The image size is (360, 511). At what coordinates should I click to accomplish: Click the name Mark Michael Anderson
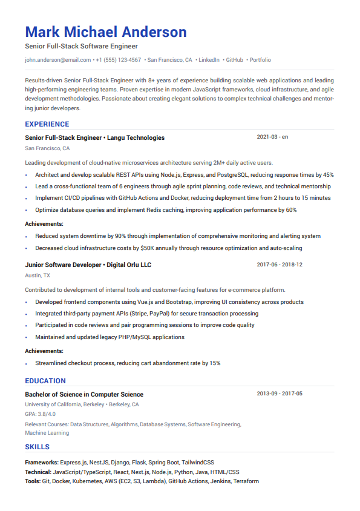tap(106, 32)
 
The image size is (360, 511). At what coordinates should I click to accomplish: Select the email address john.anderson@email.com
tap(58, 60)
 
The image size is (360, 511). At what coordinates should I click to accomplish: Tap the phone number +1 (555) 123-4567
tap(119, 60)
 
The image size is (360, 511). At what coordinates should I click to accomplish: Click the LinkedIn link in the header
tap(209, 60)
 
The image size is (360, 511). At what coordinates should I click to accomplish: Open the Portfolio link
tap(260, 60)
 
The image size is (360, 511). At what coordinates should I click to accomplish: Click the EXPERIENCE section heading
tap(47, 124)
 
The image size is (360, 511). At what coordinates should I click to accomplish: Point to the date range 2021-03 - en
tap(272, 137)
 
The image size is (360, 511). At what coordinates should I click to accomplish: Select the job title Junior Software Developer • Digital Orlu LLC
tap(88, 265)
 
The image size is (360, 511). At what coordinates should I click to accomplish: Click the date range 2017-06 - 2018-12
tap(280, 265)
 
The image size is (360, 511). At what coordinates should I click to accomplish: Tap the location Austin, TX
tap(38, 275)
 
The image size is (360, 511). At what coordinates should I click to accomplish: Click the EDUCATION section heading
tap(45, 381)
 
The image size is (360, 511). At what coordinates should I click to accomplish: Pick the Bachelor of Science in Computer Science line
tap(84, 394)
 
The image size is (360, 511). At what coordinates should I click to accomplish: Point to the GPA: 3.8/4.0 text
tap(40, 414)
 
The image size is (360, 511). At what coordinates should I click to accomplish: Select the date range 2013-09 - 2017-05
tap(280, 394)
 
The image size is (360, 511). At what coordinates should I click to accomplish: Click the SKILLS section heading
tap(38, 447)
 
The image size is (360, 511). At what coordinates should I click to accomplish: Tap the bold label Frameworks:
tap(42, 462)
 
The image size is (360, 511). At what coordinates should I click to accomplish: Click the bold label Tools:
tap(33, 481)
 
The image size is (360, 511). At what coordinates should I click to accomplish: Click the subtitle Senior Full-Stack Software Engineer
tap(82, 46)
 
